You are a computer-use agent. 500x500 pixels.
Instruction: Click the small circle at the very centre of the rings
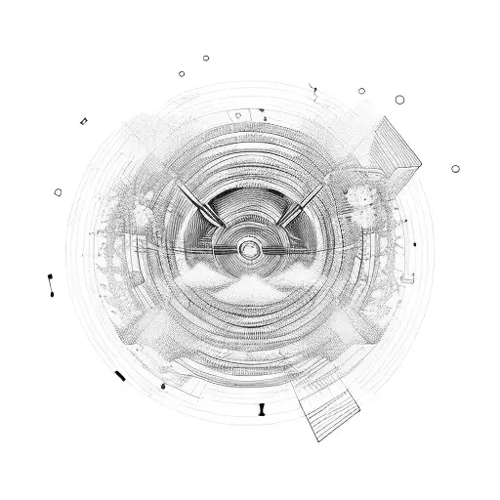click(x=250, y=251)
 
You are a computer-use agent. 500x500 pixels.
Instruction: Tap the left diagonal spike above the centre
click(x=201, y=203)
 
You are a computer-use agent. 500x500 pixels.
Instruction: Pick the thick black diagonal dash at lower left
click(x=119, y=376)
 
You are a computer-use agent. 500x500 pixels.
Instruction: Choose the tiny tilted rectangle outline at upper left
click(x=84, y=121)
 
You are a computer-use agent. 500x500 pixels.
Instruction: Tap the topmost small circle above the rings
click(x=206, y=58)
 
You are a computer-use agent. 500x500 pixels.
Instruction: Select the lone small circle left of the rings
click(x=58, y=192)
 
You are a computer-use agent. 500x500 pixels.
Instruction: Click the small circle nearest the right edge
click(x=455, y=168)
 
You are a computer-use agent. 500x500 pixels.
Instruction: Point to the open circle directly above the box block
click(x=398, y=99)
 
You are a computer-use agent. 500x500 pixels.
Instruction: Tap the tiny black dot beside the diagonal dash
click(x=162, y=388)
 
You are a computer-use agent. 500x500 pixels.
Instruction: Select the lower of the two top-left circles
click(x=182, y=73)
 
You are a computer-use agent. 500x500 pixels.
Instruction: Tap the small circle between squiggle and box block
click(x=361, y=91)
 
